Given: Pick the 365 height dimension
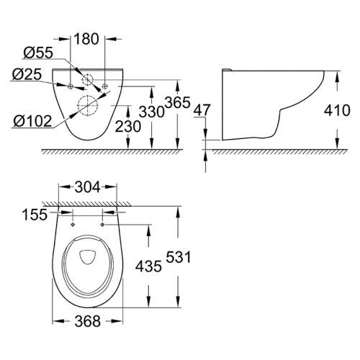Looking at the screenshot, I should pos(168,102).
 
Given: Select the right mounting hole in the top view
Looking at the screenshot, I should pos(104,224).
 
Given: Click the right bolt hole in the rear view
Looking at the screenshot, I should pos(105,86).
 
